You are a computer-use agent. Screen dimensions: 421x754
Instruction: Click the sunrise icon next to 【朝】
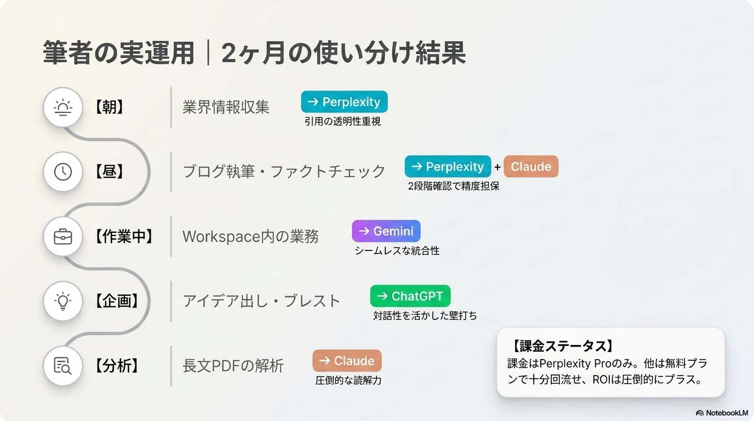pyautogui.click(x=63, y=107)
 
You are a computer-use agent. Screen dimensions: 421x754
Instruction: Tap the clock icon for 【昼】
pyautogui.click(x=63, y=172)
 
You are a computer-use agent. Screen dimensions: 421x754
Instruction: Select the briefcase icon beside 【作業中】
pyautogui.click(x=63, y=236)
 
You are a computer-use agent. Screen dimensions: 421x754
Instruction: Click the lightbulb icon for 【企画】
pyautogui.click(x=63, y=300)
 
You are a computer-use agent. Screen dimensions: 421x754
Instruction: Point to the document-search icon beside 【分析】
pyautogui.click(x=63, y=365)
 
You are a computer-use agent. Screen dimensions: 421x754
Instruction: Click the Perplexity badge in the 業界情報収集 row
pyautogui.click(x=344, y=102)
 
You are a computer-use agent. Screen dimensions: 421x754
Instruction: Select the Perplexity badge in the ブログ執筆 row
pyautogui.click(x=448, y=167)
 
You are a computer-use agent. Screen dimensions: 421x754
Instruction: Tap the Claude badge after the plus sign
pyautogui.click(x=530, y=167)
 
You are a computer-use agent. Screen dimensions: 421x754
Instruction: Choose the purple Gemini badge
pyautogui.click(x=386, y=231)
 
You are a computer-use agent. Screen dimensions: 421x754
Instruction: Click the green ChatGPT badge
pyautogui.click(x=410, y=296)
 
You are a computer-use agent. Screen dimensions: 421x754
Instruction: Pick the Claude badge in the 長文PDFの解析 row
pyautogui.click(x=347, y=361)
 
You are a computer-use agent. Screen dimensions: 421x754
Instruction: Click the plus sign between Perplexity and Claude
pyautogui.click(x=498, y=167)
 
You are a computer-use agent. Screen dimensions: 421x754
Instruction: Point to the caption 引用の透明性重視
pyautogui.click(x=342, y=122)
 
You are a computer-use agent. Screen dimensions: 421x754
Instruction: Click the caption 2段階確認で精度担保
pyautogui.click(x=453, y=186)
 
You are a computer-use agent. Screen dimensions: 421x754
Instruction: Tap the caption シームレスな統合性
pyautogui.click(x=397, y=251)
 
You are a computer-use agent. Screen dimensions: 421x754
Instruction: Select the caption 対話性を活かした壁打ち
pyautogui.click(x=425, y=316)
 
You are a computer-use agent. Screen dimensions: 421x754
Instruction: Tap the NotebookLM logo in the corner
pyautogui.click(x=722, y=412)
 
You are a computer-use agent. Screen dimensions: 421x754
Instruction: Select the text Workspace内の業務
pyautogui.click(x=250, y=237)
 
